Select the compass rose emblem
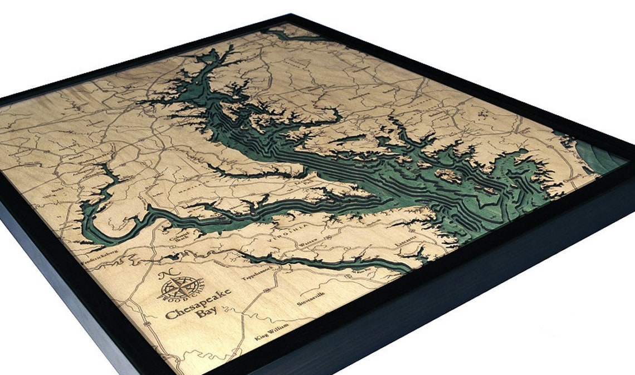click(x=180, y=289)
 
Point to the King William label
click(x=272, y=330)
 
